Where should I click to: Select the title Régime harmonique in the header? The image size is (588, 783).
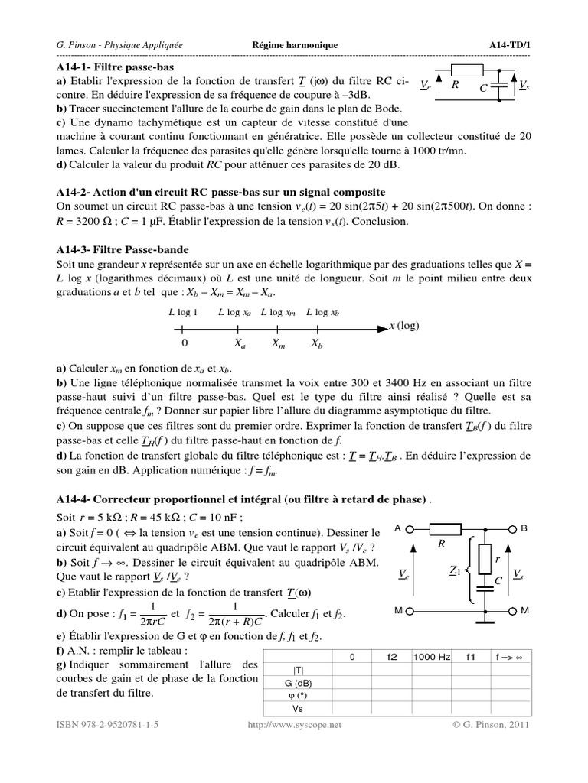click(295, 45)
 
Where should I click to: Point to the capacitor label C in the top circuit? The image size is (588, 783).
click(484, 89)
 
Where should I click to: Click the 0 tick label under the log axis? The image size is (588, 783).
click(184, 344)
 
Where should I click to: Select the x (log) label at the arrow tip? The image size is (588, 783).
click(405, 325)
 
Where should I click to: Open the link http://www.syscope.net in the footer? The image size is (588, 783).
click(295, 724)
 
